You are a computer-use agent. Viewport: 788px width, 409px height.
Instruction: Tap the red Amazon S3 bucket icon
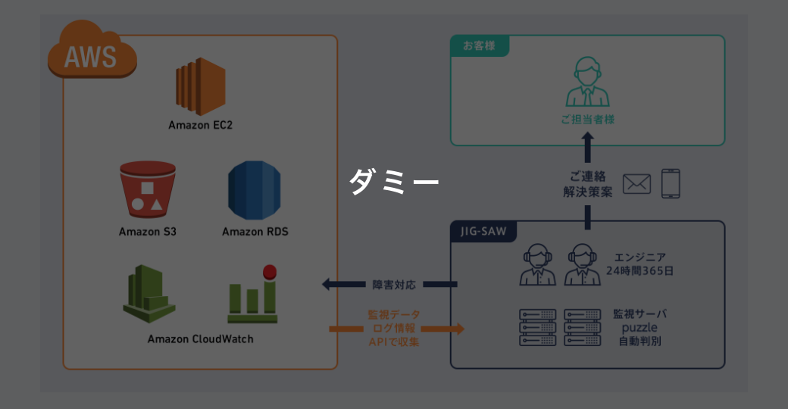click(x=147, y=190)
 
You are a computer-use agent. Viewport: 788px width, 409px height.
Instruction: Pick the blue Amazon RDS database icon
click(x=255, y=190)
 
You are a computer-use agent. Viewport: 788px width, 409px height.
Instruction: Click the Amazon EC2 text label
click(x=201, y=125)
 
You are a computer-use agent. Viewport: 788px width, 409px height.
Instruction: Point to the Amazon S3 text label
click(x=148, y=231)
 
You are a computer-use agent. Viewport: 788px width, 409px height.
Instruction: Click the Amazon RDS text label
click(x=255, y=231)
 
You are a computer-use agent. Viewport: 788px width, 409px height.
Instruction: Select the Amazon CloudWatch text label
click(x=201, y=339)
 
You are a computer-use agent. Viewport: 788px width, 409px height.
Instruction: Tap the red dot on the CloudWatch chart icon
click(x=268, y=271)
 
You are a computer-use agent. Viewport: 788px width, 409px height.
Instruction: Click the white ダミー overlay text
click(x=394, y=183)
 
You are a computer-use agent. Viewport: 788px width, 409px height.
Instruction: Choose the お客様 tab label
click(x=480, y=45)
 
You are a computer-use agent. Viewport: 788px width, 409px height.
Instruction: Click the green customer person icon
click(x=588, y=83)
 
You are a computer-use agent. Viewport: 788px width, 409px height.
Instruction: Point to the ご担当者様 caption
click(x=588, y=120)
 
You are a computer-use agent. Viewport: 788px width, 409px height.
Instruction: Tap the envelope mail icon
click(x=637, y=184)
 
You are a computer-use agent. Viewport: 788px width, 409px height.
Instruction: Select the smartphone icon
click(x=671, y=183)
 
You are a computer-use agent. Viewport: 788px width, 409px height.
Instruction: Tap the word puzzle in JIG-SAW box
click(x=639, y=328)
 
